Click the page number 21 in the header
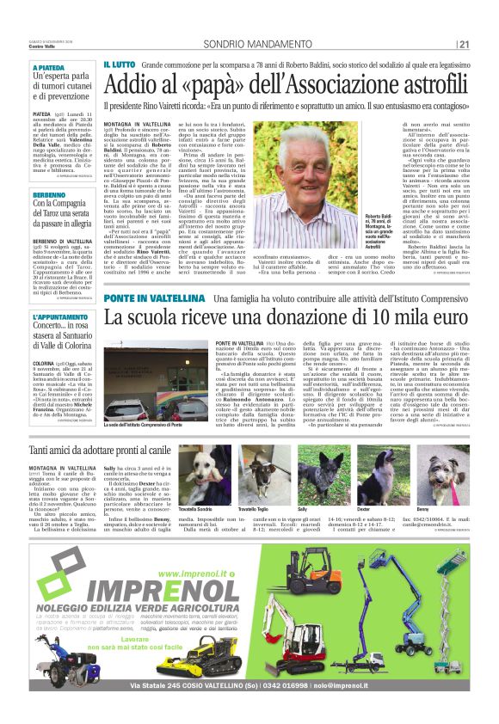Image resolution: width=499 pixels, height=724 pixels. (464, 44)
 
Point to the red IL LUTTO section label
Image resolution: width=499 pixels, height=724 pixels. (120, 64)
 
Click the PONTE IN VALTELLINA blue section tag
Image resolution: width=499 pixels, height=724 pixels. (154, 298)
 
